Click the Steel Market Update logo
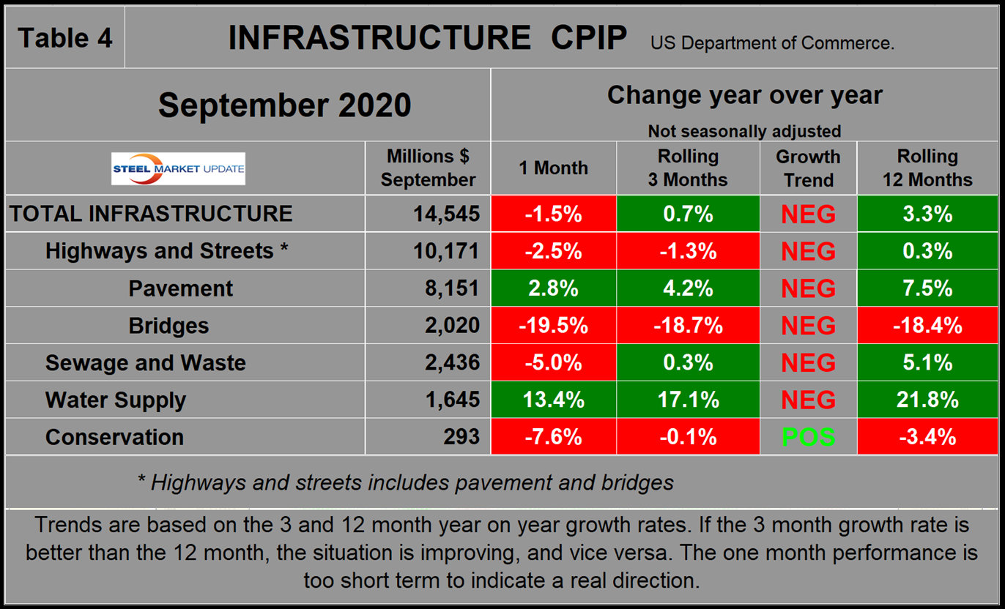click(x=179, y=168)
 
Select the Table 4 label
click(x=64, y=37)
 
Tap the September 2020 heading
click(x=284, y=105)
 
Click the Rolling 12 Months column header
click(x=927, y=168)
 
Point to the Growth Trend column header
click(x=809, y=168)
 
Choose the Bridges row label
click(x=168, y=326)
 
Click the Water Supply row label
click(x=116, y=400)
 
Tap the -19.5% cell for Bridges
click(x=553, y=326)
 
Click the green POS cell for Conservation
click(x=809, y=438)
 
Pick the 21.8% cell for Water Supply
click(x=927, y=400)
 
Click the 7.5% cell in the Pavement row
click(x=927, y=288)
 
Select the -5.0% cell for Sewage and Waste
click(x=553, y=363)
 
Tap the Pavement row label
click(x=180, y=288)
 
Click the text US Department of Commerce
click(x=772, y=43)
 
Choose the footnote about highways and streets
click(x=405, y=482)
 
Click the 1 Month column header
click(x=553, y=168)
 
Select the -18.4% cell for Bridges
click(x=927, y=326)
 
